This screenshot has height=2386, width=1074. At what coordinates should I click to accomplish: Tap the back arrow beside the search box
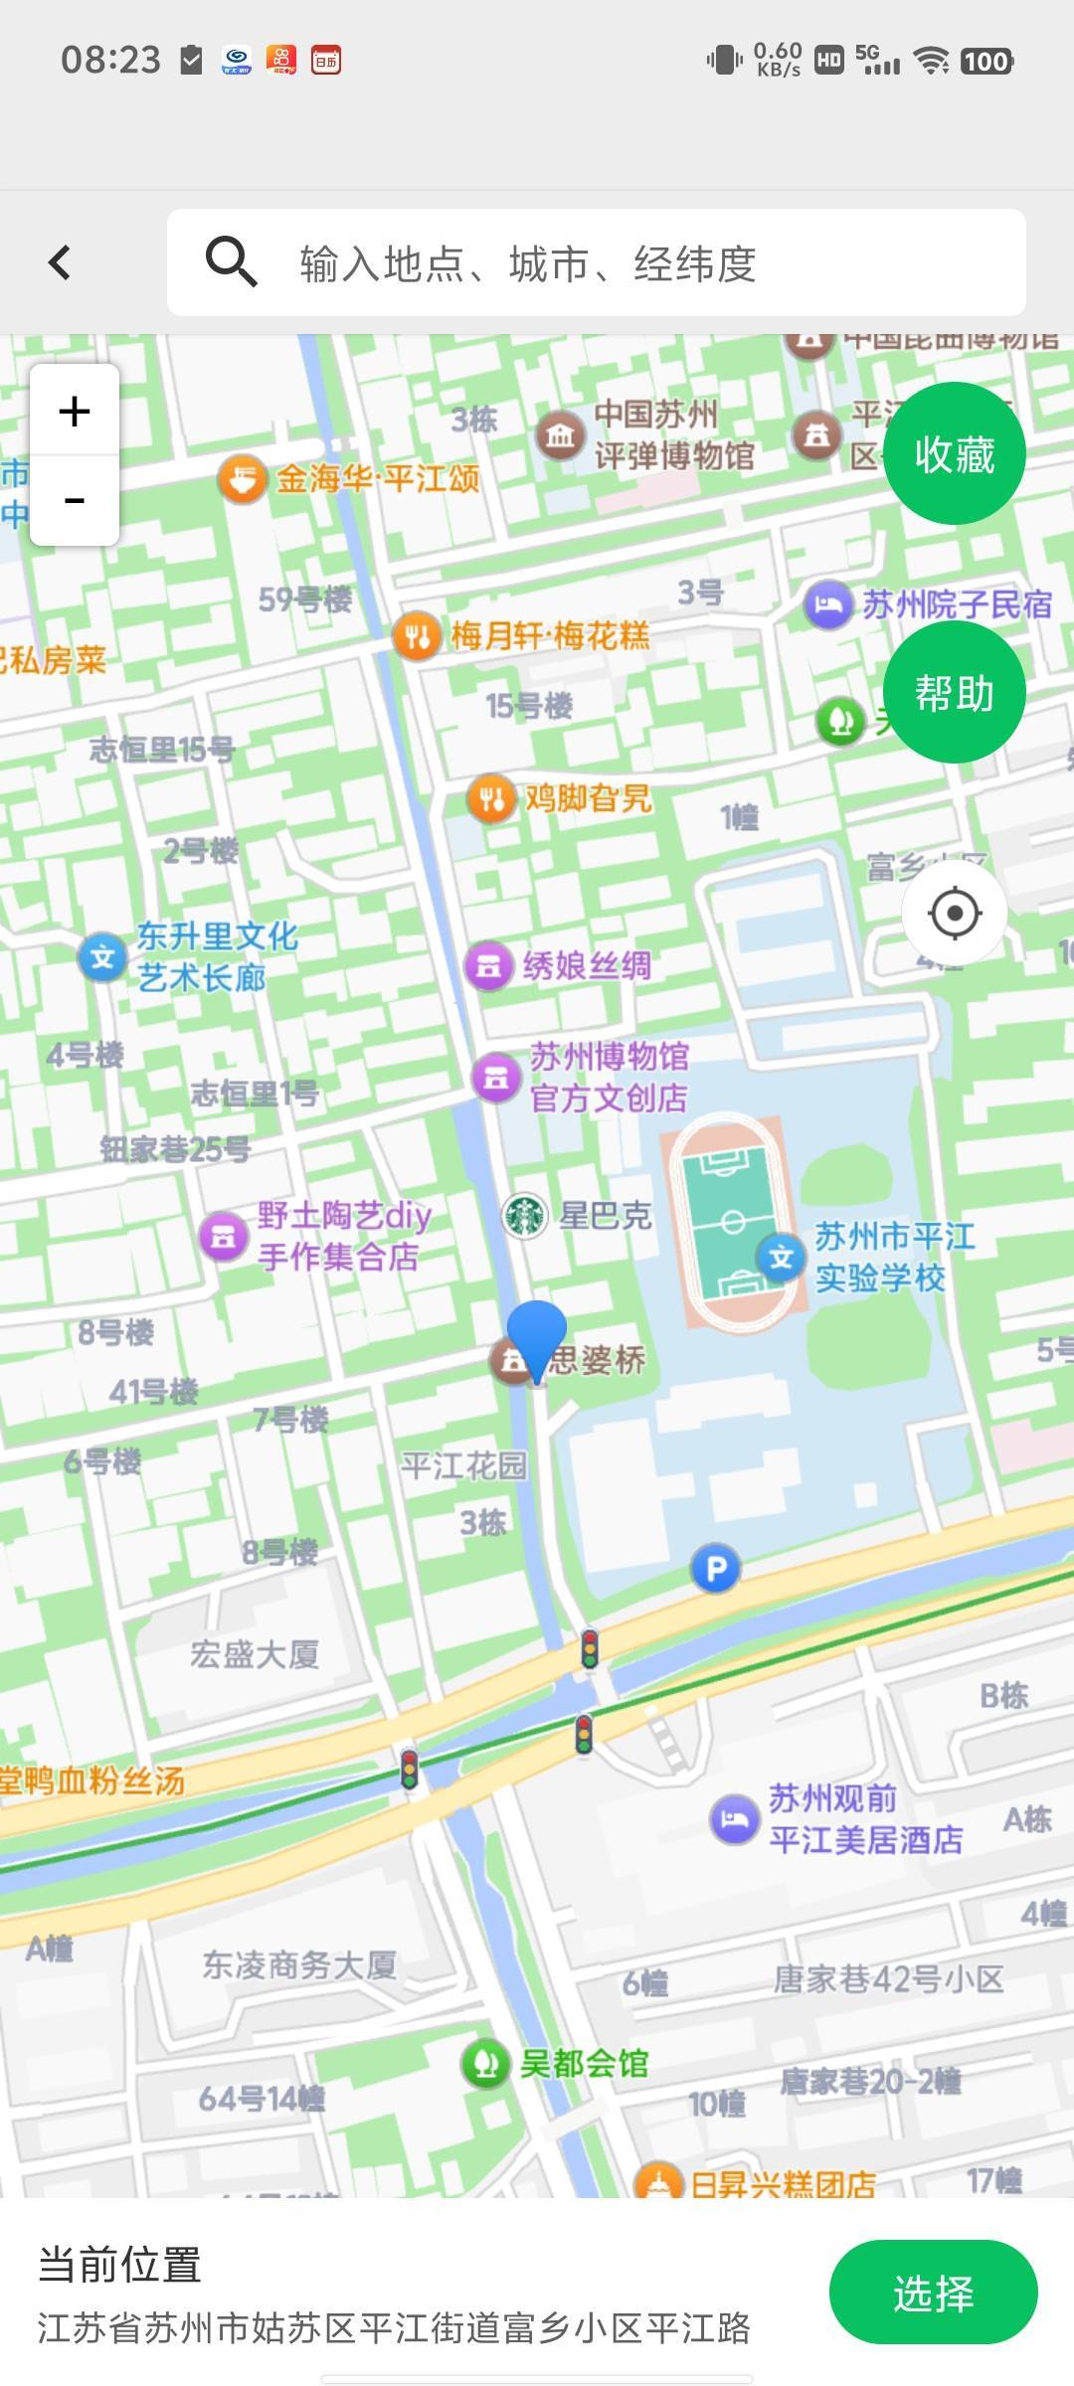[x=60, y=262]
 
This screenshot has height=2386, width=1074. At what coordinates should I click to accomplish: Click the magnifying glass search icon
[x=231, y=262]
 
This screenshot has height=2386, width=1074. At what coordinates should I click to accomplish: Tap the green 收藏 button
[x=954, y=454]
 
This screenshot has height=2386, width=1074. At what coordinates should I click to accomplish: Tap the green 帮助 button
[x=954, y=693]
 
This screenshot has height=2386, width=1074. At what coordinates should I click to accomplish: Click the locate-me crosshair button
[x=955, y=913]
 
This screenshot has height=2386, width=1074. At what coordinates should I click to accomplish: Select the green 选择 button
[x=933, y=2293]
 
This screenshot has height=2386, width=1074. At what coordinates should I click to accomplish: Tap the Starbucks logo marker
[x=524, y=1215]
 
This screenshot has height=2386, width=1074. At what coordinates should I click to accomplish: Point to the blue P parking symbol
[x=715, y=1570]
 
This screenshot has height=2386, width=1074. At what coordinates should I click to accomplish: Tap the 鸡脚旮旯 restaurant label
[x=588, y=798]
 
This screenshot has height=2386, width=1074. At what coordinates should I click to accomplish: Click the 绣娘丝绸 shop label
[x=587, y=965]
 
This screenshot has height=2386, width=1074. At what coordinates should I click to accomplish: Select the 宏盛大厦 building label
[x=255, y=1655]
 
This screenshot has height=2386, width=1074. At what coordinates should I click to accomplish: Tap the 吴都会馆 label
[x=584, y=2064]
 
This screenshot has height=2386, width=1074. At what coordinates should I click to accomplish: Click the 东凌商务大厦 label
[x=299, y=1964]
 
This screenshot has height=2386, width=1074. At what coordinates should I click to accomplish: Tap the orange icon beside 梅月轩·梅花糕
[x=417, y=635]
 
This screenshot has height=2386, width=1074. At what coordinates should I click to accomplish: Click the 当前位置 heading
[x=120, y=2265]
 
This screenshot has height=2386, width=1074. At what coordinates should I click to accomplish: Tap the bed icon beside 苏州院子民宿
[x=827, y=604]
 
